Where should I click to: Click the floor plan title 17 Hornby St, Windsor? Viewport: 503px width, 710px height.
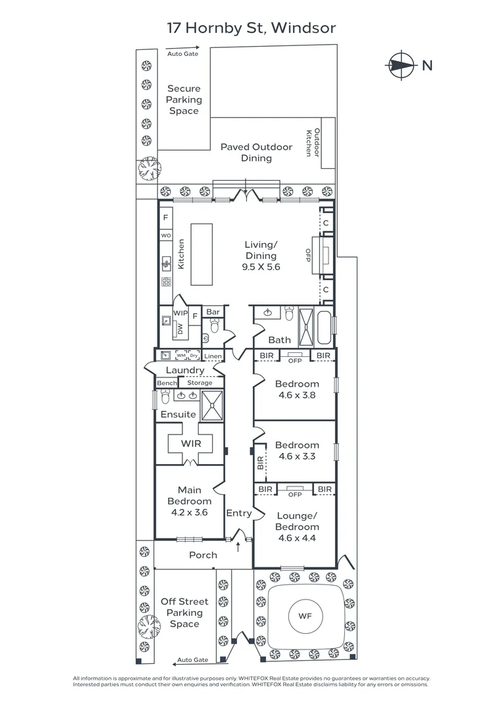pos(251,28)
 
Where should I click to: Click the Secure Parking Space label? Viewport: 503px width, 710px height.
pos(184,99)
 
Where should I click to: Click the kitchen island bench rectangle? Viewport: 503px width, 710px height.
pos(202,254)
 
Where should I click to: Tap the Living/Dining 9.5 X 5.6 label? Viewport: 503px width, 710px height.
pos(261,256)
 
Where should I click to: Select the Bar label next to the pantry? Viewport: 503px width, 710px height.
pos(213,312)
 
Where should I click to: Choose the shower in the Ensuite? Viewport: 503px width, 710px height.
pos(212,406)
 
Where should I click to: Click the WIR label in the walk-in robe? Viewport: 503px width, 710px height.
pos(190,444)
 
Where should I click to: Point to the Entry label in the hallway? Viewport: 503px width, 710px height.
pos(238,513)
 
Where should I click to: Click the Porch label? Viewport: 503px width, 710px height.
pos(203,555)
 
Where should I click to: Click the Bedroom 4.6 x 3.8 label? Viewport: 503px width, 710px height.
pos(297,389)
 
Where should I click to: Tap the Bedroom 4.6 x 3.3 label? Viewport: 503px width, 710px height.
pos(297,450)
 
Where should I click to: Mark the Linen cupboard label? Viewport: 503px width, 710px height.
pos(213,356)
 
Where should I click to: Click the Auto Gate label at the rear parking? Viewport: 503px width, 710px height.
pos(182,53)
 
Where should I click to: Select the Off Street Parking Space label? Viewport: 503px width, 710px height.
pos(184,613)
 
